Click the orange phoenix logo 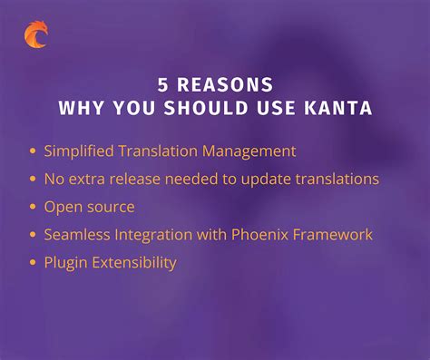point(36,34)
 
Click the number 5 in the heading point(162,84)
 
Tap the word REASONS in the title point(225,84)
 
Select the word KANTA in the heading point(338,108)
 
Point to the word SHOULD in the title point(206,108)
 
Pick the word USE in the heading point(276,108)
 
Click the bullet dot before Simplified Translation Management point(33,151)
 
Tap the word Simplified point(79,151)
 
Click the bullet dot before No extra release point(33,179)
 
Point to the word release point(134,179)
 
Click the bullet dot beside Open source point(33,207)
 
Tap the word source point(111,208)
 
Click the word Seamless point(77,234)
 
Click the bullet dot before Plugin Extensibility point(33,262)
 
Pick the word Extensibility point(134,262)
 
